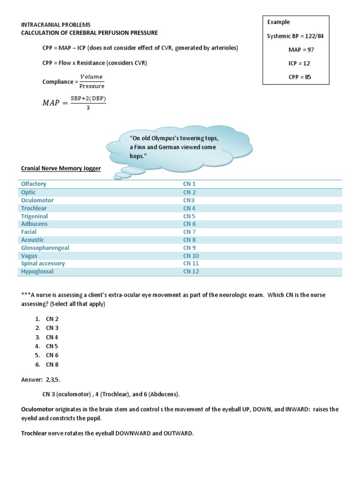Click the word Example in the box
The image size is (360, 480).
278,22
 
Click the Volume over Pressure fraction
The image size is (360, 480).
91,81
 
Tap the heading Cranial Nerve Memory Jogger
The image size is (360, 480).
60,168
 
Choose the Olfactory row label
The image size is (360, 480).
34,184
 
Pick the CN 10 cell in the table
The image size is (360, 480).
191,256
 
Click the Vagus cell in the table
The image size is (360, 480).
29,256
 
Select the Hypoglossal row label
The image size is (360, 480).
37,271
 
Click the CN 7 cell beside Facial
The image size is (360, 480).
189,232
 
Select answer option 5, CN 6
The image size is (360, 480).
52,355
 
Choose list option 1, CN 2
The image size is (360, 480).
52,319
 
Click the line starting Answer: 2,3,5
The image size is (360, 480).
41,379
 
